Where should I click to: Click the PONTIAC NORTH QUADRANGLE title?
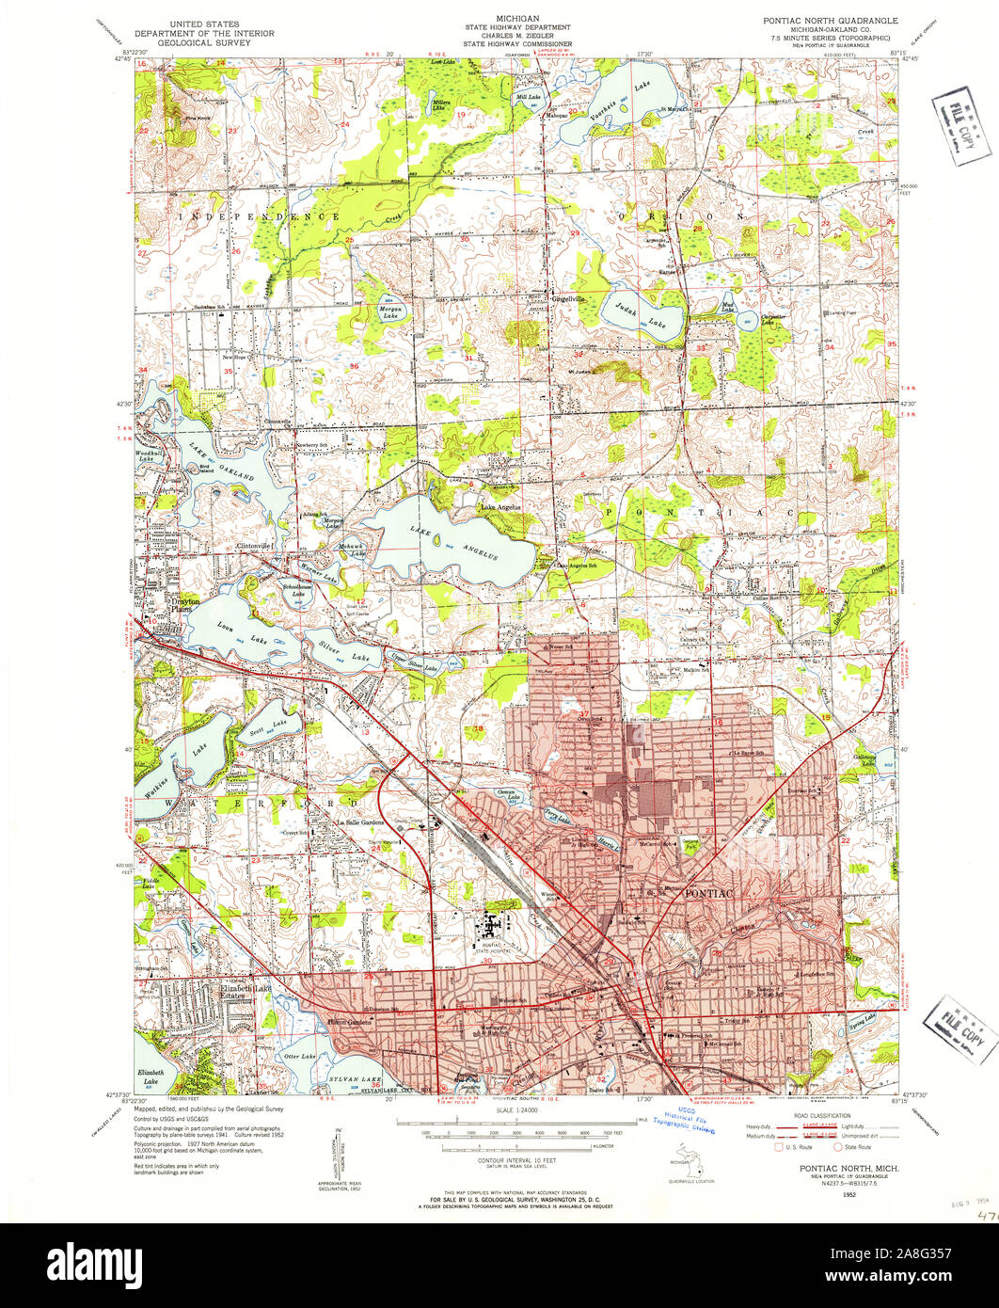coord(830,20)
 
